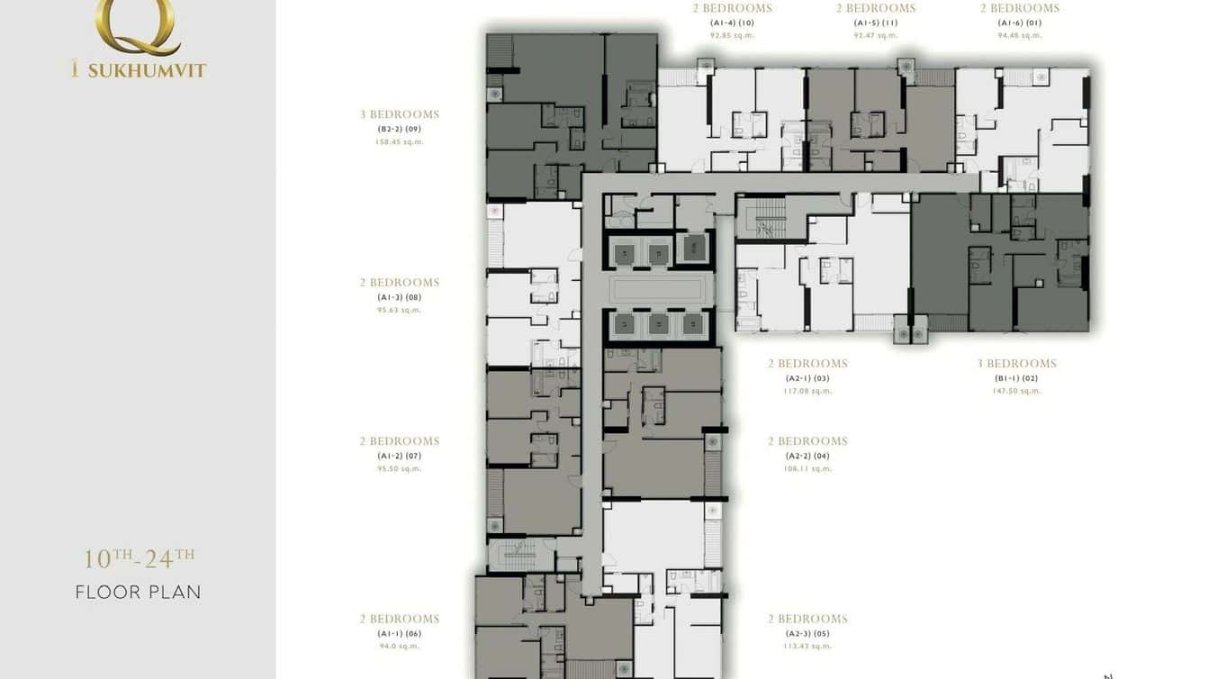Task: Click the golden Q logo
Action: (x=138, y=25)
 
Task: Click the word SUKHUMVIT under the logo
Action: (x=147, y=70)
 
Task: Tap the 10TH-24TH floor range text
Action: (x=139, y=558)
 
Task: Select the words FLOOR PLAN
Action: (x=138, y=593)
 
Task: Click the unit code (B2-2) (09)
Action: (x=399, y=129)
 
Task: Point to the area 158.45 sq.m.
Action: (x=399, y=142)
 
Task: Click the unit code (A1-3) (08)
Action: (x=399, y=297)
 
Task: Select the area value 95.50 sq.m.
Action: (x=399, y=469)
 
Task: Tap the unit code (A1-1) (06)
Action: (x=399, y=633)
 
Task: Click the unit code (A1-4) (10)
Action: (x=731, y=23)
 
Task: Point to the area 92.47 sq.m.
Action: (x=875, y=36)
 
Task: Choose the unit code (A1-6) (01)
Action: (x=1019, y=23)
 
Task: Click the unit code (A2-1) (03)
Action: (x=807, y=378)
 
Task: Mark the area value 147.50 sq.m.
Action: (x=1016, y=391)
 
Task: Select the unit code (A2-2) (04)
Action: (x=807, y=456)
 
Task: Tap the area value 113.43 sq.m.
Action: (x=807, y=646)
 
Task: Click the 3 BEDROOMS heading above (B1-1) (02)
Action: (x=1016, y=364)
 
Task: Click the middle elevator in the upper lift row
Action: (x=658, y=254)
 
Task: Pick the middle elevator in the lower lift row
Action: (x=658, y=324)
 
